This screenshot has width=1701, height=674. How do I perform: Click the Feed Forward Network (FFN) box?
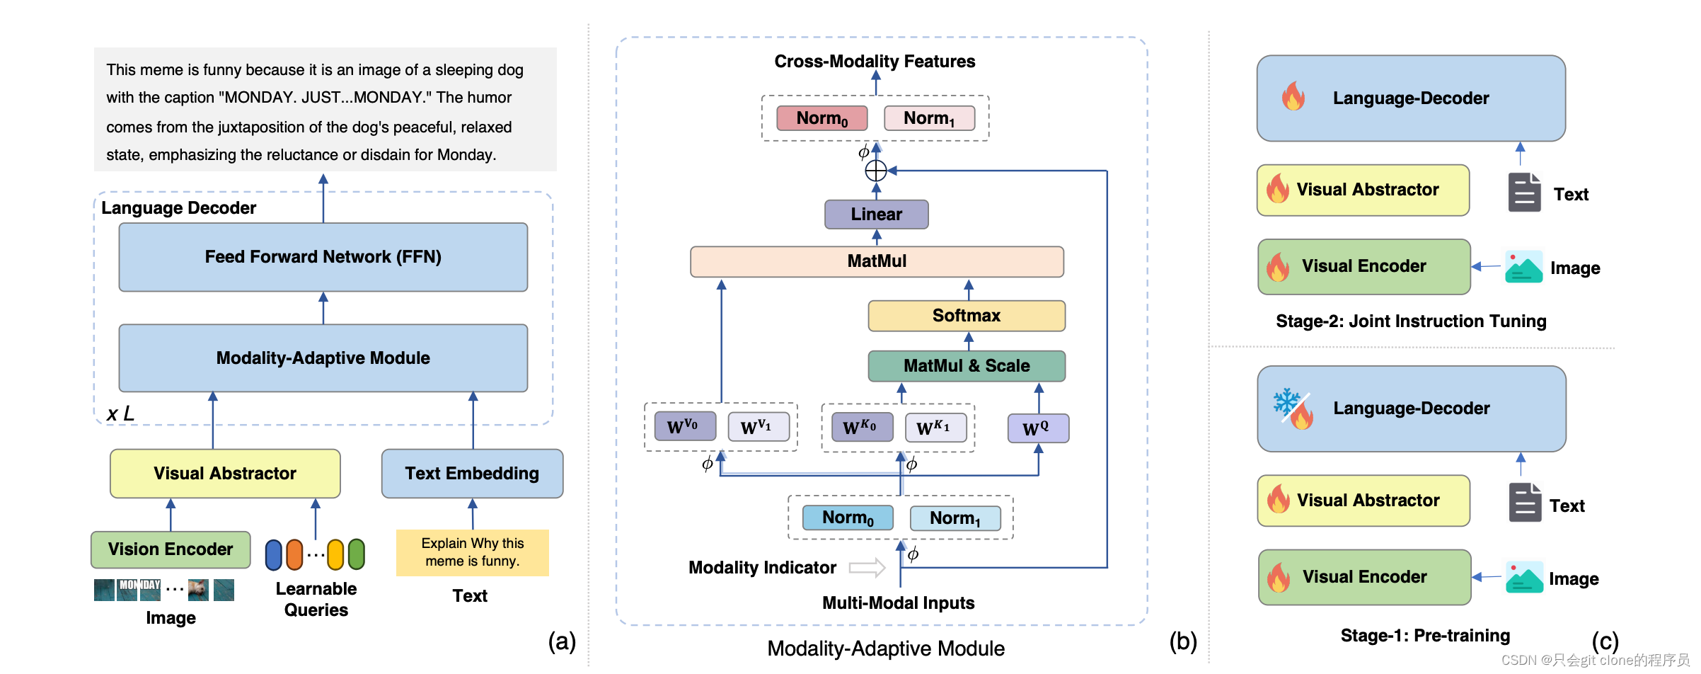(x=323, y=257)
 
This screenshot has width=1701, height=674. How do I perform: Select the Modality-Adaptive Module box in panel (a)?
(x=323, y=358)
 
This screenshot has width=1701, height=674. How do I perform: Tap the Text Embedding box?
(x=472, y=473)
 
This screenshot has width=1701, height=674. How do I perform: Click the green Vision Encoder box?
(x=171, y=549)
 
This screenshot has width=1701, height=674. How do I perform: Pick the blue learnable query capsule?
(x=274, y=555)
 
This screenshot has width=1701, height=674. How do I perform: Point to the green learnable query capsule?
(x=357, y=554)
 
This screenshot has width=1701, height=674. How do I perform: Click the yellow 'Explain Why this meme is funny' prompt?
(x=472, y=552)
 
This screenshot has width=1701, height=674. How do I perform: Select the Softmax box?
(x=966, y=316)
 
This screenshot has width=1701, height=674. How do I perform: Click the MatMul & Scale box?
(x=966, y=366)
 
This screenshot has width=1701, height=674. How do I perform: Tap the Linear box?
(x=876, y=215)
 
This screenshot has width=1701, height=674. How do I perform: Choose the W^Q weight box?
(x=1037, y=428)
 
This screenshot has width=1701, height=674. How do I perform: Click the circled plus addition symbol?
(x=876, y=171)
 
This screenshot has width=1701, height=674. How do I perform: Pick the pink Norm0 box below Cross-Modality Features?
(x=821, y=118)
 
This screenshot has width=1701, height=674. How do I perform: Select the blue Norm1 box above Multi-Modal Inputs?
(x=955, y=518)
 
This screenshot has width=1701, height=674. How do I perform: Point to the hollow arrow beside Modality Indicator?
(x=867, y=567)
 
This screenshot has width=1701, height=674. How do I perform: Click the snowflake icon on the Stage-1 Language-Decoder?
(x=1286, y=401)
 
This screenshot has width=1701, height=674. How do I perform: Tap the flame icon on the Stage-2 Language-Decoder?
(x=1293, y=96)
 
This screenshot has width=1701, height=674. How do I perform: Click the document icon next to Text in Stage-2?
(x=1524, y=193)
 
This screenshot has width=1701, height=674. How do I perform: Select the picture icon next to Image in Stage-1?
(x=1523, y=578)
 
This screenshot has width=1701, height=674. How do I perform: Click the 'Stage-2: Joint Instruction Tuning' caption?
(x=1411, y=321)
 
